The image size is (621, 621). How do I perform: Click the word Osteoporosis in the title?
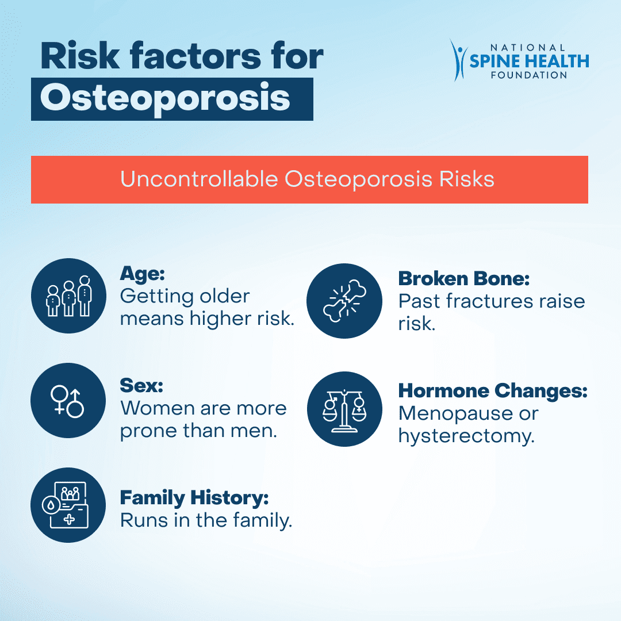[165, 99]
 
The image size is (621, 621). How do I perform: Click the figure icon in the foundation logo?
[459, 60]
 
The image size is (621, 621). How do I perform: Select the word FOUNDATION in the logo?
[529, 75]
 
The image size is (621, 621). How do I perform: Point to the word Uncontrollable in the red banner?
[199, 179]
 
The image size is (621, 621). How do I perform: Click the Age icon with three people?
[68, 296]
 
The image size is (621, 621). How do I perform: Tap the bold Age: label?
[142, 273]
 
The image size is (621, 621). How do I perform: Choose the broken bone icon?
[344, 301]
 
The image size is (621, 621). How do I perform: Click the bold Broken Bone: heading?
[464, 278]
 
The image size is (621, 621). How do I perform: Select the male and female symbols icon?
[68, 400]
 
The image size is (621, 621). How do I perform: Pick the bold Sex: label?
[141, 385]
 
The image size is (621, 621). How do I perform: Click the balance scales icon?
[344, 409]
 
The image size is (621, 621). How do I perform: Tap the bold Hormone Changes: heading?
[493, 391]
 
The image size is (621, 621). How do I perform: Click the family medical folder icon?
[68, 505]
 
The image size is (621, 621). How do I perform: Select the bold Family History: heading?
[194, 498]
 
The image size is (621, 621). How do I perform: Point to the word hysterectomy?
[466, 436]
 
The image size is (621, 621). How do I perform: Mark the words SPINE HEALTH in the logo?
[529, 61]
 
